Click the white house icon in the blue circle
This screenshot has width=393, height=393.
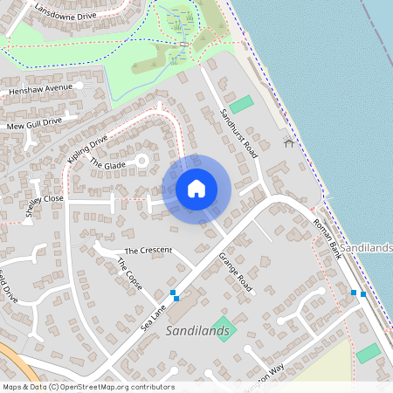coord(196,189)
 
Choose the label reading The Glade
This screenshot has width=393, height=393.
coord(108,165)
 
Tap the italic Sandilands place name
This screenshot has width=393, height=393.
coord(197,331)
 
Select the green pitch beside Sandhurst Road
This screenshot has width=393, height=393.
coord(241,104)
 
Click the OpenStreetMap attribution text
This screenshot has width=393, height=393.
coord(88,387)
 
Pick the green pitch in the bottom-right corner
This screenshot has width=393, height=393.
coord(368,354)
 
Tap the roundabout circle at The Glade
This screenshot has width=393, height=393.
coord(141,162)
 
